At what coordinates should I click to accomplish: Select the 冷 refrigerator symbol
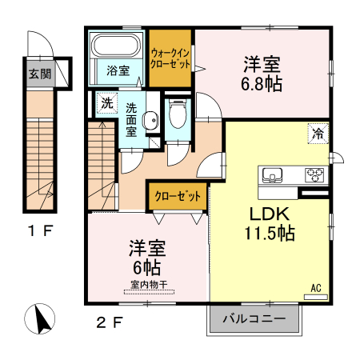click(318, 135)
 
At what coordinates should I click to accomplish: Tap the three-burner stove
click(311, 175)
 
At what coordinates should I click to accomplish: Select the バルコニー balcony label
click(253, 318)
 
